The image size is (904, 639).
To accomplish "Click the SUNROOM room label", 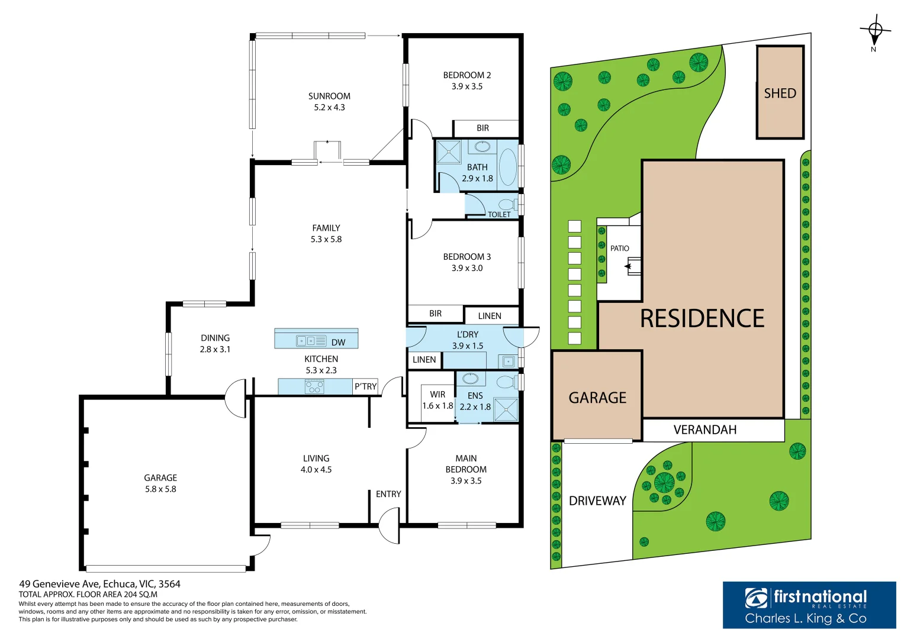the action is pyautogui.click(x=329, y=96).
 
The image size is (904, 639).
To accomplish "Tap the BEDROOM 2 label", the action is pyautogui.click(x=467, y=75).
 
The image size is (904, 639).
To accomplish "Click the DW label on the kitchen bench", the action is pyautogui.click(x=338, y=343).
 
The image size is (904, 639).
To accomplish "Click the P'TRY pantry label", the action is pyautogui.click(x=366, y=386).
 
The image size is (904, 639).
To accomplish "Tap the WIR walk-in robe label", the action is pyautogui.click(x=437, y=395).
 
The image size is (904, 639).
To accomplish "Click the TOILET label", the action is pyautogui.click(x=499, y=215).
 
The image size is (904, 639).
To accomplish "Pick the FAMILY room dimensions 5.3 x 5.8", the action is pyautogui.click(x=326, y=239).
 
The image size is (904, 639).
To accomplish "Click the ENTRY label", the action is pyautogui.click(x=388, y=494).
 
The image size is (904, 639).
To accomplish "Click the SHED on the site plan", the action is pyautogui.click(x=780, y=92).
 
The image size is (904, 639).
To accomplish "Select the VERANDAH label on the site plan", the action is pyautogui.click(x=705, y=430).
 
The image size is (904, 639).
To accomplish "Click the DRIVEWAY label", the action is pyautogui.click(x=597, y=501).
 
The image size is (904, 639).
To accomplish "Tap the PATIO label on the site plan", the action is pyautogui.click(x=619, y=248).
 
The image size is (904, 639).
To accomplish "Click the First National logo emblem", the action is pyautogui.click(x=756, y=598).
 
